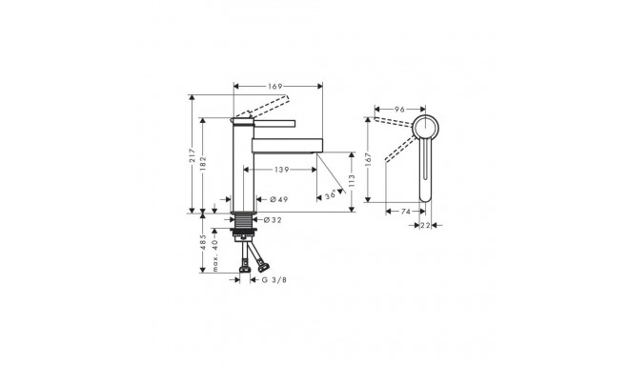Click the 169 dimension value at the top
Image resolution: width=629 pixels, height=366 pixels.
[275, 87]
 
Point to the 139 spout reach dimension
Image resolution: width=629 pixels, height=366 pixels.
[282, 170]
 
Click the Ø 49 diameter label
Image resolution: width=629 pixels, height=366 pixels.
[279, 199]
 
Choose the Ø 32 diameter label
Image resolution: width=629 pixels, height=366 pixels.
[273, 220]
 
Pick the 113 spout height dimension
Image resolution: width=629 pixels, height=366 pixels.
[352, 181]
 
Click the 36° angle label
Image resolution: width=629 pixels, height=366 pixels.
[331, 195]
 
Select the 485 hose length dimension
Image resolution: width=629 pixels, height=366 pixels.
[203, 242]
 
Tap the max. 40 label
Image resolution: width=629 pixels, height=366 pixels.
[215, 255]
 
